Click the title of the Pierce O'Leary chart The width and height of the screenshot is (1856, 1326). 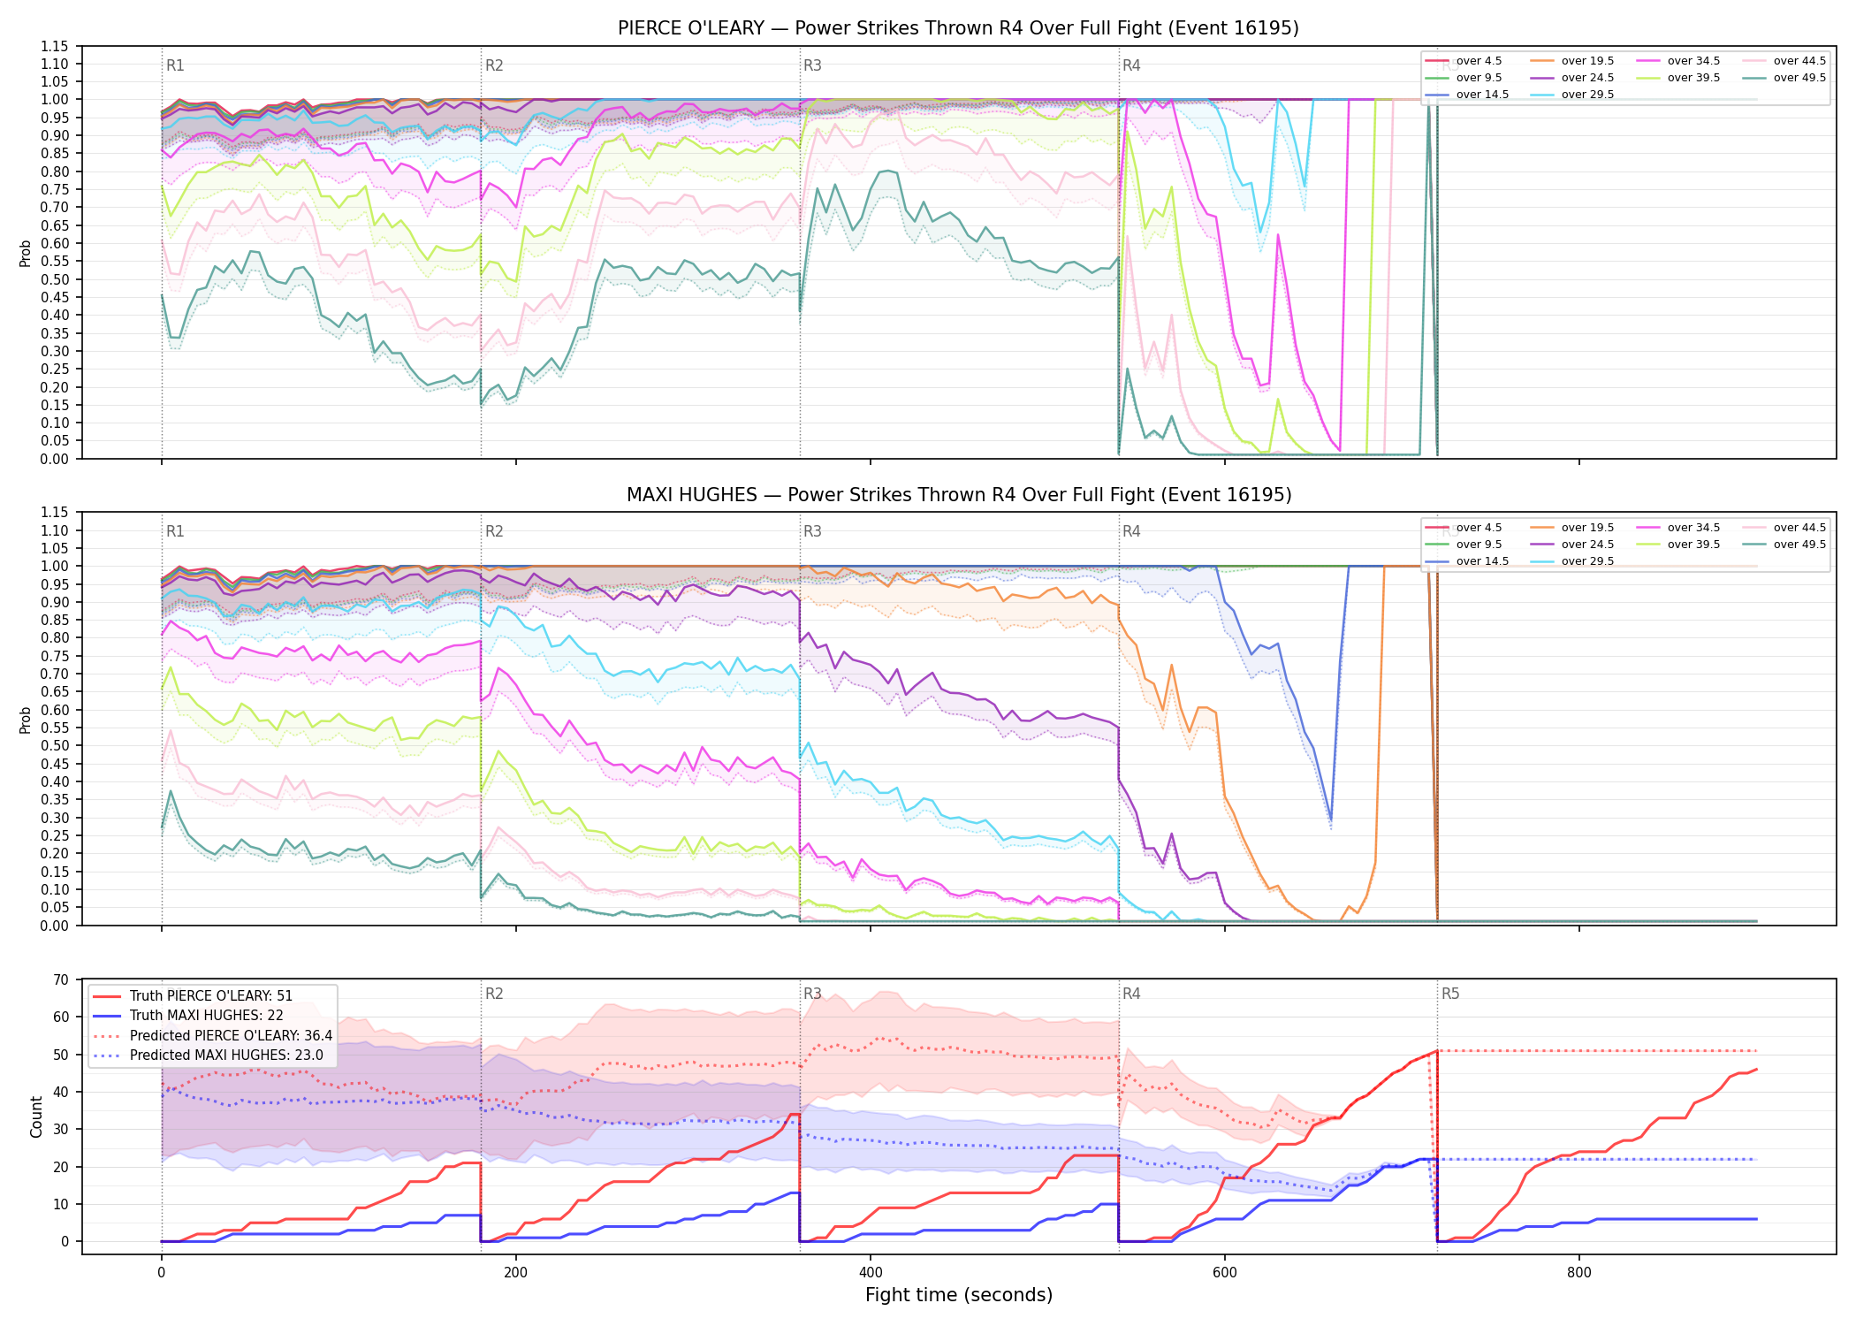click(958, 28)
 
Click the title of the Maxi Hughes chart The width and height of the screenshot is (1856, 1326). click(959, 495)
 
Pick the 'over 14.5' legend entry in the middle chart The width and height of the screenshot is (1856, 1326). click(1467, 561)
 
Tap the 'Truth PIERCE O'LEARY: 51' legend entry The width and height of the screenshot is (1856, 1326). click(192, 995)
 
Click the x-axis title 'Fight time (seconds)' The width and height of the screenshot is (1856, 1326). click(959, 1295)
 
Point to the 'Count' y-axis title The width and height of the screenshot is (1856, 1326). click(36, 1116)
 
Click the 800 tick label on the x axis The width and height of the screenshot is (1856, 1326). click(1578, 1273)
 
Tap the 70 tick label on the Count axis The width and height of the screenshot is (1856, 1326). click(61, 979)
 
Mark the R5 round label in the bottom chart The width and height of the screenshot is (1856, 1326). click(1450, 994)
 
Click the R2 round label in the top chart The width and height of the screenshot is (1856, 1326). click(494, 65)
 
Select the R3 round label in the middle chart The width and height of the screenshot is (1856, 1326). click(812, 531)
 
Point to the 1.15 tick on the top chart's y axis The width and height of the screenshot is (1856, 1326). click(55, 46)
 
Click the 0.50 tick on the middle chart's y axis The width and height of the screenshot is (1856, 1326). click(55, 745)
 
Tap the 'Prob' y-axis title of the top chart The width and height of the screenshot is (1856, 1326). click(26, 254)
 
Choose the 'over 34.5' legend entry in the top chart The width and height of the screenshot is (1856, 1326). click(1678, 61)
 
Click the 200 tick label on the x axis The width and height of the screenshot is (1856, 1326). click(515, 1273)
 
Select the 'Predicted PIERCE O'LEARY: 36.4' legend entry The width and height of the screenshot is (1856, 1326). click(212, 1035)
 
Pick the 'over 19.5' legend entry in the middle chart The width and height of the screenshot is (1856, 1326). click(1572, 528)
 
